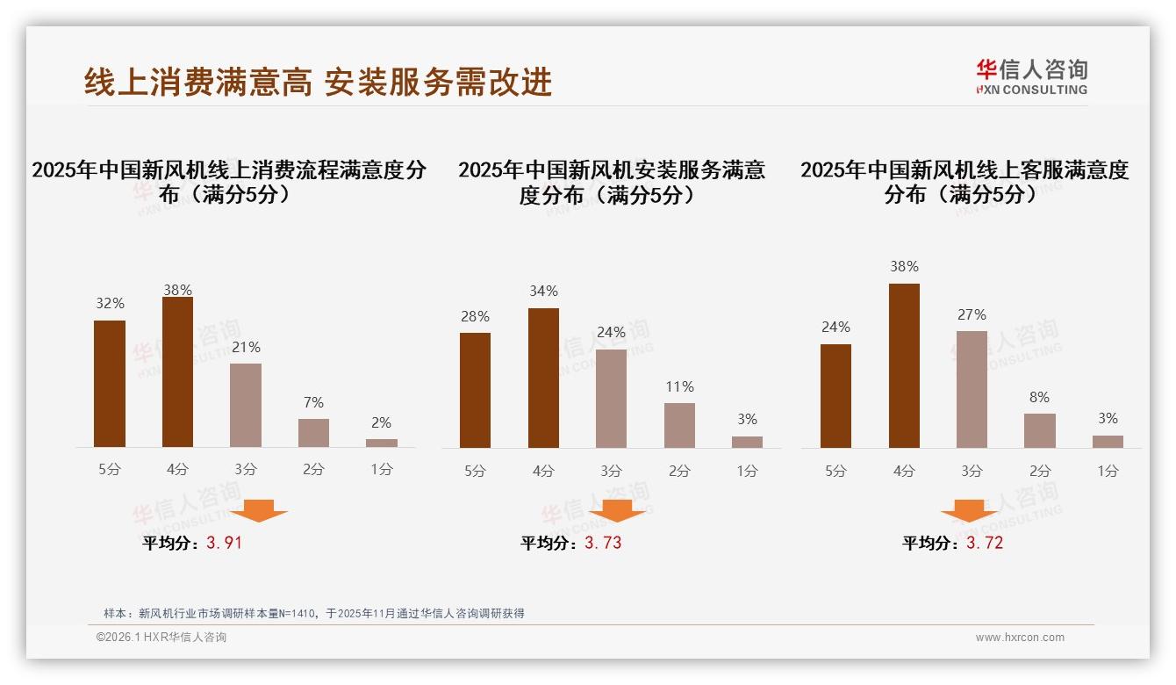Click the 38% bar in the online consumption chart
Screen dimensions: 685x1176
coord(177,372)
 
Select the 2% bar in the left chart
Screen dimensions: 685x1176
coord(382,443)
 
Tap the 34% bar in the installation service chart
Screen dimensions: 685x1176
coord(543,378)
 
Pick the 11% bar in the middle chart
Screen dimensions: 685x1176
coord(679,425)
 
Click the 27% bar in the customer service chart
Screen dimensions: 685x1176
coord(972,389)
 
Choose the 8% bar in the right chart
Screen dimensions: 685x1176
coord(1040,430)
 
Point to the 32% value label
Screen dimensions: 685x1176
coord(110,304)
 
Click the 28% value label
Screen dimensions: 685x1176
coord(475,317)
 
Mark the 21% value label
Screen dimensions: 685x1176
coord(246,348)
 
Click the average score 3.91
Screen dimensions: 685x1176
coord(224,543)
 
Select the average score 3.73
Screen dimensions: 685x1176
coord(603,543)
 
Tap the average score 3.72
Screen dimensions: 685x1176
coord(985,543)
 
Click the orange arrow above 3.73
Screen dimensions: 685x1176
coord(617,510)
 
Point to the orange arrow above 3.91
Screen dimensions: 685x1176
coord(259,510)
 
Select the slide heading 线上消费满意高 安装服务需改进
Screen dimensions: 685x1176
coord(318,82)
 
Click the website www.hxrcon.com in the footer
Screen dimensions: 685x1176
coord(1020,638)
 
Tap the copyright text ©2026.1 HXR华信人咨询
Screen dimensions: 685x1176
coord(161,638)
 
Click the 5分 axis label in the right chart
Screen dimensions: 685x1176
coord(835,472)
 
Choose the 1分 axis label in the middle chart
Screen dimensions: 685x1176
coord(747,472)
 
